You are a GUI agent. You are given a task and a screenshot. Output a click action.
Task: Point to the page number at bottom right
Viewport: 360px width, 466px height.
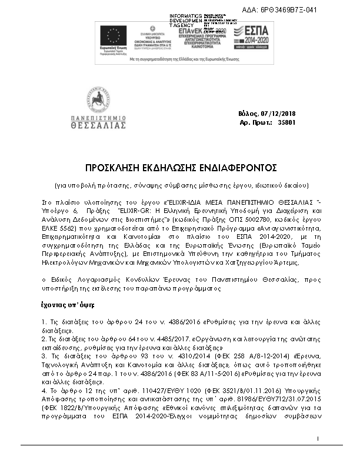coord(317,455)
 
